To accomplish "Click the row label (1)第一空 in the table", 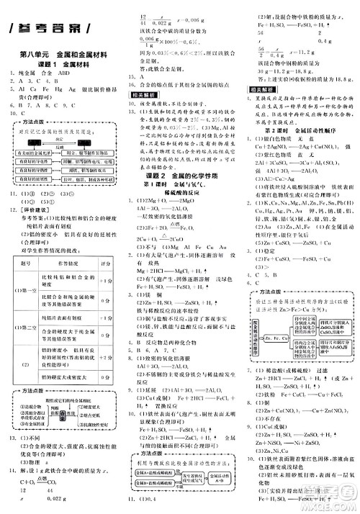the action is (x=27, y=290).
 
